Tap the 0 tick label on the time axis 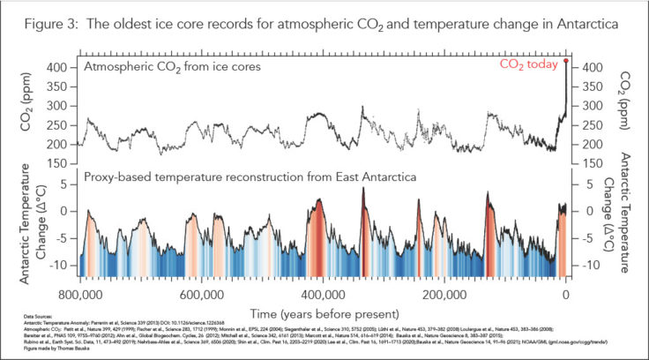(x=565, y=294)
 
